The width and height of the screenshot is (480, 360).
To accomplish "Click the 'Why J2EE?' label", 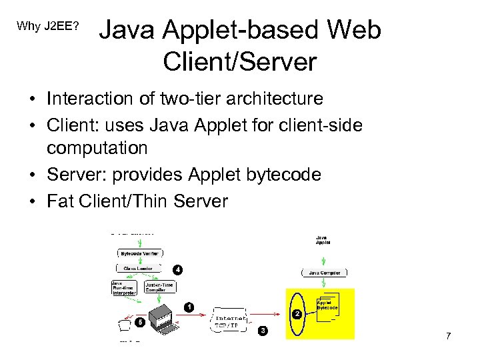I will pos(48,27).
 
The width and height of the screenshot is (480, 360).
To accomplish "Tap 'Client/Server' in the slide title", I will pos(239,61).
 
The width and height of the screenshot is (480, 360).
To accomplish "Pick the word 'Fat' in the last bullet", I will pos(60,201).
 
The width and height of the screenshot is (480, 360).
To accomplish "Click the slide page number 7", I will pos(448,335).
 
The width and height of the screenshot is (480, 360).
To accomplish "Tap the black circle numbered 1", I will pos(189,307).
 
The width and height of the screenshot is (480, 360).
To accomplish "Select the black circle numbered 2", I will pos(297,313).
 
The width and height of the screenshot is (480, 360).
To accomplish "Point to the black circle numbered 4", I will pos(177,270).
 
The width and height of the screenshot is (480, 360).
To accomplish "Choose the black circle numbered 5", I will pos(139,322).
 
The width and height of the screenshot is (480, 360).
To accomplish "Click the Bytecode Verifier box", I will pos(139,254).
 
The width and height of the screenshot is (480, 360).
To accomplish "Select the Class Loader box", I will pos(138,269).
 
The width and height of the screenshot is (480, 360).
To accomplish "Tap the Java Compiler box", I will pos(325,273).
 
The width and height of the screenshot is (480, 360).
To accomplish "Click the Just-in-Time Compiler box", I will pos(159,286).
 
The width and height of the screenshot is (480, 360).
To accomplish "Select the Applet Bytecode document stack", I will pos(328,306).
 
